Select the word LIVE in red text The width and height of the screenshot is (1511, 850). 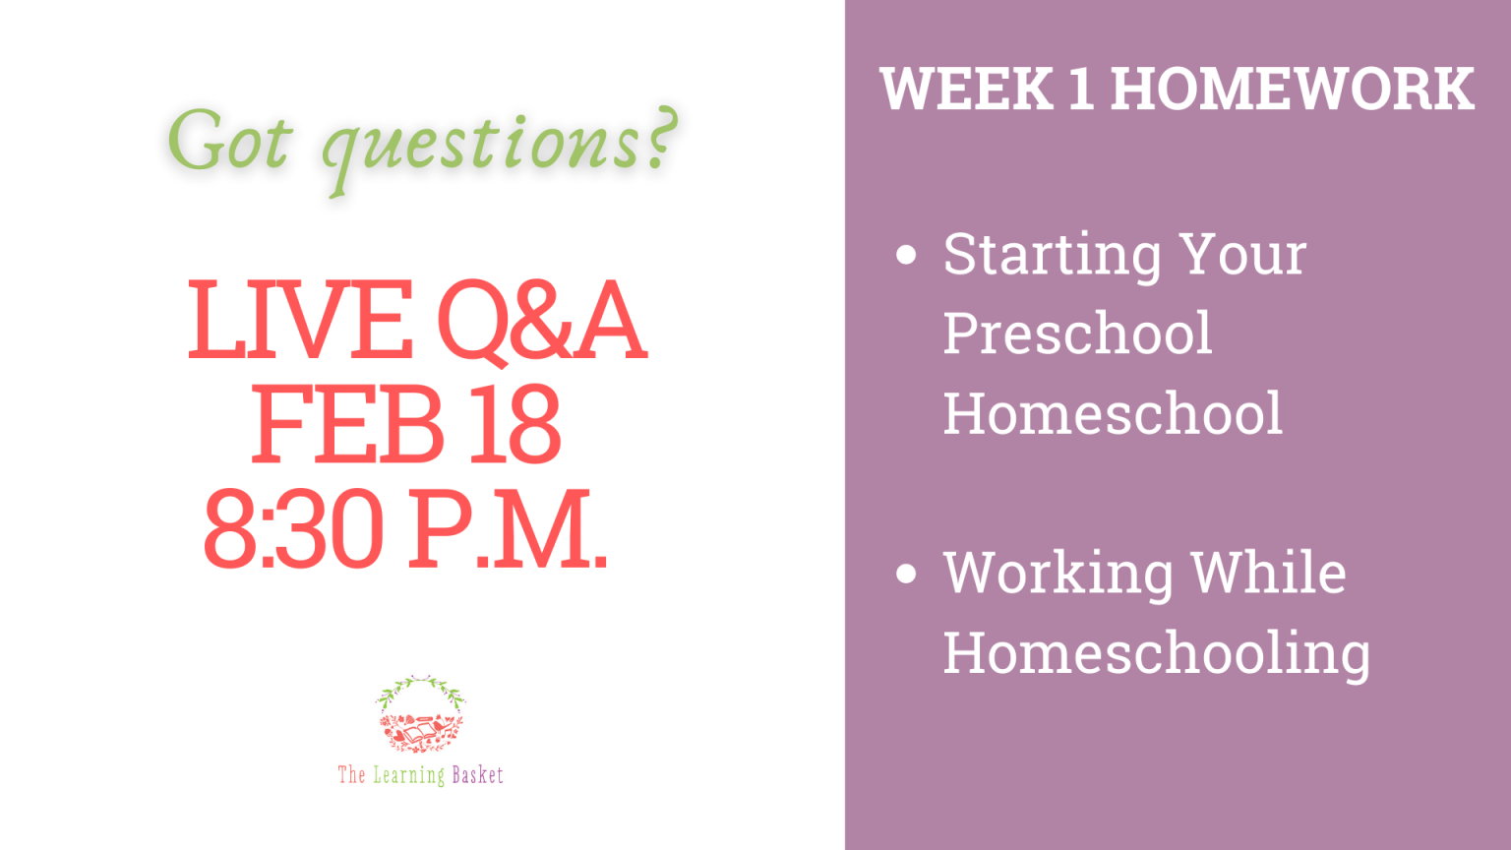coord(300,319)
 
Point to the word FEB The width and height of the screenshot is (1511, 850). coord(347,424)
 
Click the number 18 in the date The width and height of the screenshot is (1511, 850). coord(514,424)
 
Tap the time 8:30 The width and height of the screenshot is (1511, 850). coord(294,527)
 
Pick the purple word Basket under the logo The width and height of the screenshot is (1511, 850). coord(477,774)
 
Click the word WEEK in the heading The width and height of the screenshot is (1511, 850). coord(967,89)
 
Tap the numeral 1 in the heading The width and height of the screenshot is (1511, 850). coord(1081,89)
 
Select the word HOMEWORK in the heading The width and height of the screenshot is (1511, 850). coord(1292,89)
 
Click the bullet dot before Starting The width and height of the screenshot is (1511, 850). coord(906,255)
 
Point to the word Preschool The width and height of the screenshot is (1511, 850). coord(1077,334)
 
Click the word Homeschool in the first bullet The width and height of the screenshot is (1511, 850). coord(1113,413)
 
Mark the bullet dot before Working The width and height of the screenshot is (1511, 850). coord(906,573)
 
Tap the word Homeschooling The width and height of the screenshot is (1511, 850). coord(1157,654)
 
